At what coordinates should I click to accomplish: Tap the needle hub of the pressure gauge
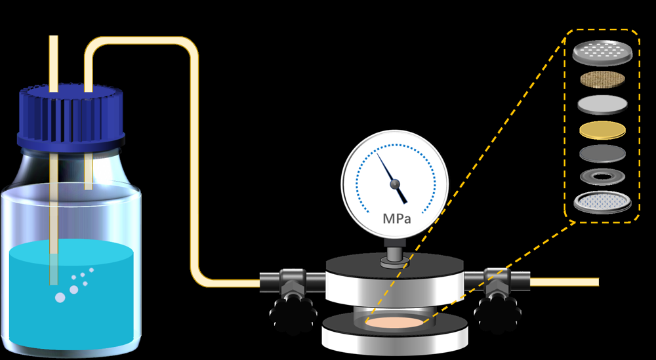tap(396, 185)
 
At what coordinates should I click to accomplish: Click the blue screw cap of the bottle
tap(70, 117)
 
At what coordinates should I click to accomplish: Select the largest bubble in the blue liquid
tap(60, 298)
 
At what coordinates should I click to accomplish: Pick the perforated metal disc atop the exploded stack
tap(602, 52)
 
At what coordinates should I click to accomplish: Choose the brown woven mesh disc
tap(602, 80)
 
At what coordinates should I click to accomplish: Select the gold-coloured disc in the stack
tap(602, 130)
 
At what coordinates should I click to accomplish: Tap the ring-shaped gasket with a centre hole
tap(602, 176)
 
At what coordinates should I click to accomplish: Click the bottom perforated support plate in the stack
tap(602, 202)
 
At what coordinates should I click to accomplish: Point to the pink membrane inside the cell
tap(394, 323)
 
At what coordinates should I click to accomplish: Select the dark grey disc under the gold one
tap(602, 153)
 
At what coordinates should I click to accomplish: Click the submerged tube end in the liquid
tap(54, 275)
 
